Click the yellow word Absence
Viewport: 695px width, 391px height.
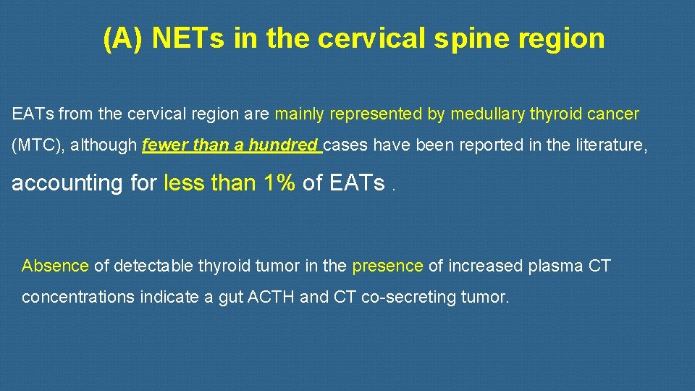pyautogui.click(x=55, y=266)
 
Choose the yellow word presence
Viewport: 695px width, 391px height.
pyautogui.click(x=387, y=266)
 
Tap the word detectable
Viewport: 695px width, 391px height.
pyautogui.click(x=148, y=266)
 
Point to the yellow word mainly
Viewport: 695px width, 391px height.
pyautogui.click(x=300, y=114)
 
